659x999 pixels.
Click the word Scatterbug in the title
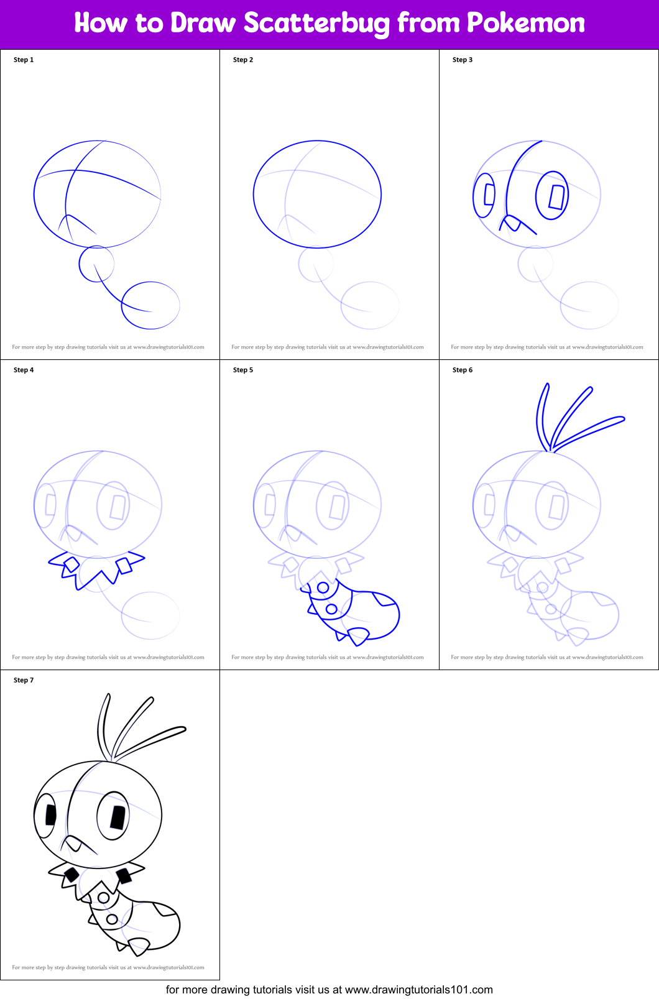click(x=316, y=23)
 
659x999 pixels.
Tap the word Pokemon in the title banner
click(x=525, y=23)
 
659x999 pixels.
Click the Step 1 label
click(x=24, y=60)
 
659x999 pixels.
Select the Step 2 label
click(x=243, y=60)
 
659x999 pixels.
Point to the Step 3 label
click(x=463, y=60)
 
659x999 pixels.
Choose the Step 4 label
click(x=24, y=370)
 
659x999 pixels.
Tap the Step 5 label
click(x=243, y=370)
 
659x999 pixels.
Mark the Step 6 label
click(x=463, y=370)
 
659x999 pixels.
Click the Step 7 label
click(x=24, y=680)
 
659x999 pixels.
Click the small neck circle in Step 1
click(x=96, y=264)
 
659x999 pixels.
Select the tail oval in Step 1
click(x=150, y=305)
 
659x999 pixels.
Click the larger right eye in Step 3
click(x=552, y=195)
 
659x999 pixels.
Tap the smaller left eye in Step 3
click(x=484, y=195)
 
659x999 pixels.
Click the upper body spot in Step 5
click(x=323, y=587)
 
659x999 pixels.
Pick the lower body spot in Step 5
click(x=331, y=609)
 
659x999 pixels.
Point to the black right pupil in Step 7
click(x=118, y=817)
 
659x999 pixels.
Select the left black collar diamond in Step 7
click(x=71, y=875)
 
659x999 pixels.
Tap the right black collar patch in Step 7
click(x=124, y=875)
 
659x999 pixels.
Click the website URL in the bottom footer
click(x=418, y=990)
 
